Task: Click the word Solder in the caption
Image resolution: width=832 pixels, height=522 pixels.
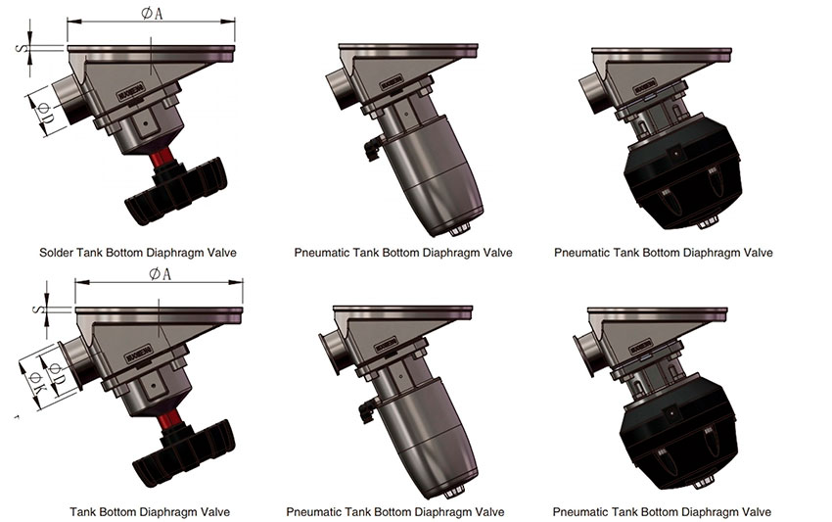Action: coord(56,253)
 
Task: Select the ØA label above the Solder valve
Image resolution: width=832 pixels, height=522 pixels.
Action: coord(152,14)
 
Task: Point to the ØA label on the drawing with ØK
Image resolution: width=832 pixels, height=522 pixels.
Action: coord(161,274)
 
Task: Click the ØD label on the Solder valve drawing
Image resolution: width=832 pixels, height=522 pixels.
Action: coord(45,113)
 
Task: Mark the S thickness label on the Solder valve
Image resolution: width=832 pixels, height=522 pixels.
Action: coord(21,48)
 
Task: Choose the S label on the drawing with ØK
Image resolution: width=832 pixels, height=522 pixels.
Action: coord(36,309)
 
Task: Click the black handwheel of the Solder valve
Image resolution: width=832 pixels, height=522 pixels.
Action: coord(176,191)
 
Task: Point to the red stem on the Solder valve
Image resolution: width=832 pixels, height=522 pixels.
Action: coord(162,158)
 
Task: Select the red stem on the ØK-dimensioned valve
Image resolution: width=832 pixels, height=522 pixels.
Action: coord(169,419)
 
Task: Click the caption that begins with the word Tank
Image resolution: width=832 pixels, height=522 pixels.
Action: coord(150,512)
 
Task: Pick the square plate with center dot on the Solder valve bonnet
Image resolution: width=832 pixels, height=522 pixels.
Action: coord(146,124)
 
